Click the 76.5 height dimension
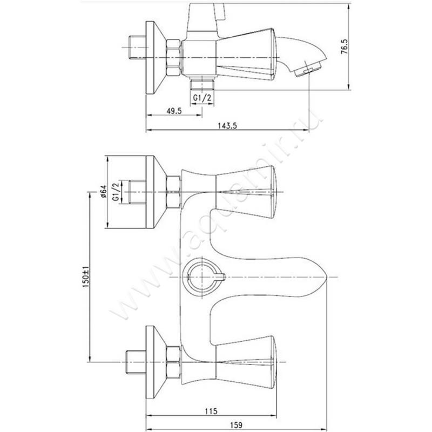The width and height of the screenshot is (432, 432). [x=345, y=46]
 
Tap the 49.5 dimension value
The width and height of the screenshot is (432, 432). [x=174, y=111]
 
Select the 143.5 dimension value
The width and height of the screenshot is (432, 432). [x=227, y=126]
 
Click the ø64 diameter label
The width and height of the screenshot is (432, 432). [x=103, y=192]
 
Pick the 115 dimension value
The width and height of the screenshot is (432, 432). [x=211, y=411]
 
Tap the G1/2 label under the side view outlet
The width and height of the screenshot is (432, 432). [x=202, y=98]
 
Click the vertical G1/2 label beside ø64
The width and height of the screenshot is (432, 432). [x=116, y=192]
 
